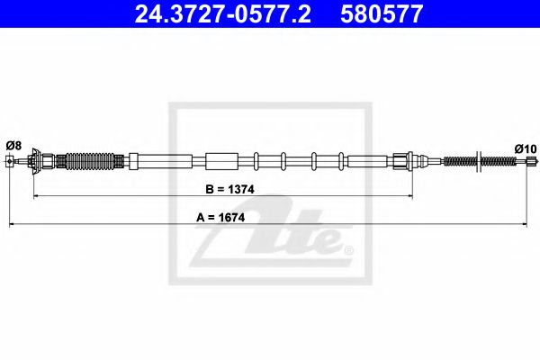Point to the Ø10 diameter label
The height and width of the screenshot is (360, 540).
525,148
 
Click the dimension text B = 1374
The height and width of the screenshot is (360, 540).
218,189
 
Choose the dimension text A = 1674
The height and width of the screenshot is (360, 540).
218,217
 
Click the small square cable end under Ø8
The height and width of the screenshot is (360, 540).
10,162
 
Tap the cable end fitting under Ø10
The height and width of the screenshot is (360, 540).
529,162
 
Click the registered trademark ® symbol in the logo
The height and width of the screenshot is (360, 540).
349,250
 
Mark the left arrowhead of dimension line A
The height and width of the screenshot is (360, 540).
13,221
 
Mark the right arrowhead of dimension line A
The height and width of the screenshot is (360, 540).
527,221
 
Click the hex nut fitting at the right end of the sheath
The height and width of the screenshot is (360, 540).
400,162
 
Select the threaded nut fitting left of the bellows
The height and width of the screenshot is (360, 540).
40,162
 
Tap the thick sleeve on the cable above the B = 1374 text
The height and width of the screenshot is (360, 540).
219,162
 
